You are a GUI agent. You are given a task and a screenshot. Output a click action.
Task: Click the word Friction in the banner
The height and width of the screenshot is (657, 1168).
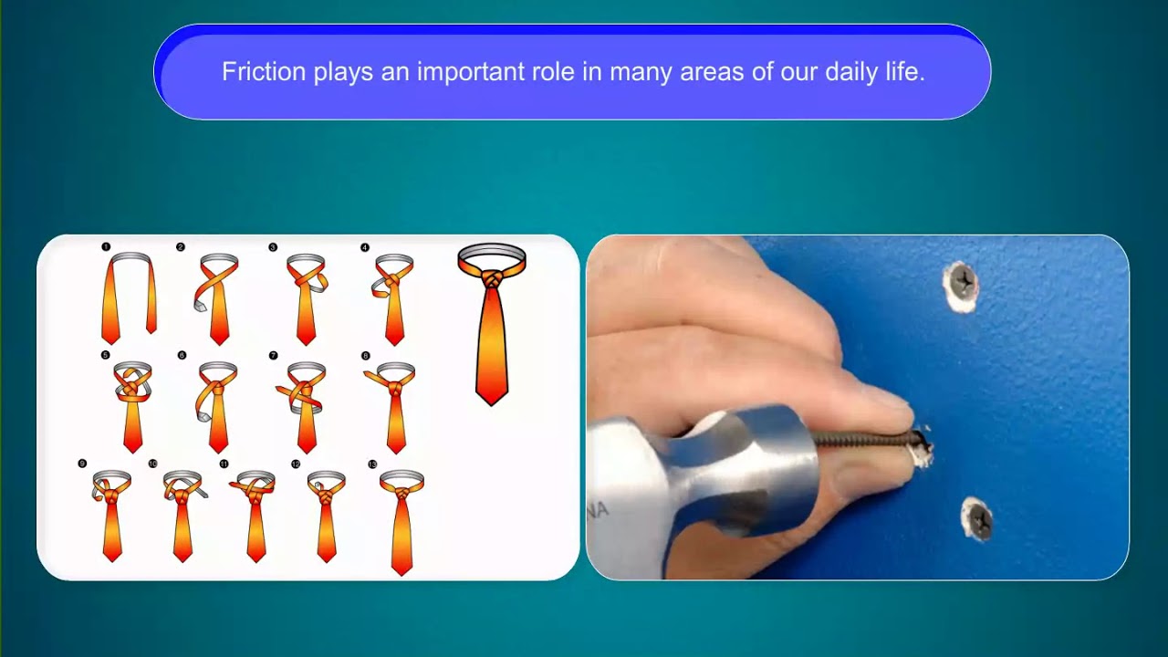(264, 72)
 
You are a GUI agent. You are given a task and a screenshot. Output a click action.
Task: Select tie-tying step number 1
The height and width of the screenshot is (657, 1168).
(128, 297)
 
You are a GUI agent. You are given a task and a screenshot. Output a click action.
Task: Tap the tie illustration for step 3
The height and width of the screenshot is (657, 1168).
(306, 297)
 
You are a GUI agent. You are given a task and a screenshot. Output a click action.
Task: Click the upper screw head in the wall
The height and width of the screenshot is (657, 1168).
(961, 284)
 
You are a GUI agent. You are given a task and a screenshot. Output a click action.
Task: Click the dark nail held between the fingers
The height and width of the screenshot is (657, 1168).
(867, 440)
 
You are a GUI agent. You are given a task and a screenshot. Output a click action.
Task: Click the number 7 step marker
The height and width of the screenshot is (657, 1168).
(273, 355)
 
